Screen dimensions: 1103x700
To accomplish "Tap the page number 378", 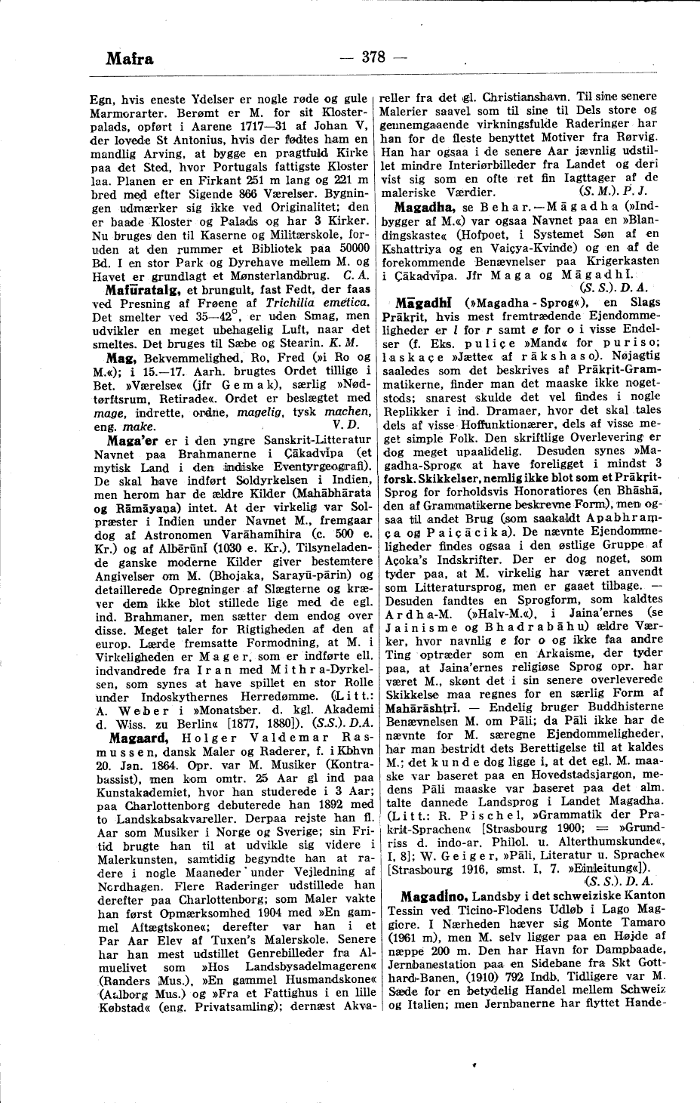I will pyautogui.click(x=373, y=56).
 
